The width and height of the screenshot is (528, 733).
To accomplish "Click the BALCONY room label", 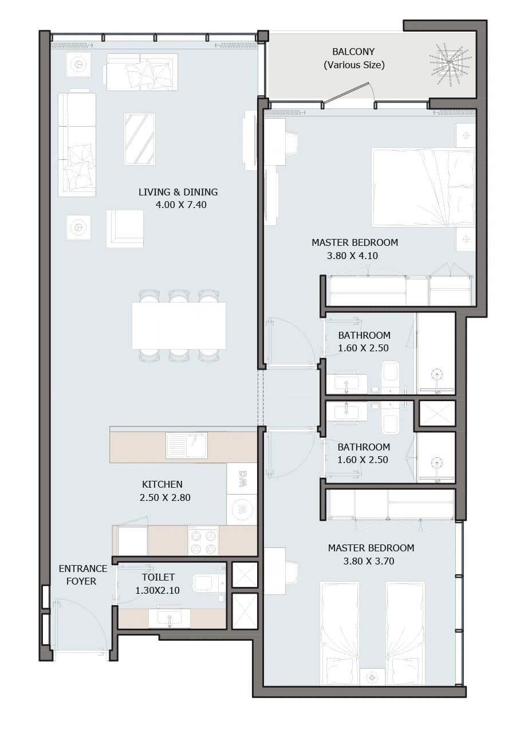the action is tap(353, 52).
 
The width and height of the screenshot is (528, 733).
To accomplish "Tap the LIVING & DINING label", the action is tap(178, 192).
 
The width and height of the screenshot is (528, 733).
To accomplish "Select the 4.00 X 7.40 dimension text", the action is tap(181, 205).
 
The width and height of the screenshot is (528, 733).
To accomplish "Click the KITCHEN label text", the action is tap(162, 484).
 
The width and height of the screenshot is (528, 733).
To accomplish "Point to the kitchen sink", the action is tap(186, 445).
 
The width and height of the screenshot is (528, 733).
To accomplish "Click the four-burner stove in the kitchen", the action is tap(203, 541).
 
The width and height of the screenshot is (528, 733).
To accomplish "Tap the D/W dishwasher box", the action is tap(242, 479).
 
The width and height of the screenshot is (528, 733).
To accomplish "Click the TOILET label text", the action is tap(158, 577).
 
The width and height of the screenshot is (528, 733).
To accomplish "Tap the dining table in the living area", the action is tap(179, 326).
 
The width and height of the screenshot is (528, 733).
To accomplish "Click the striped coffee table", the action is tap(140, 139).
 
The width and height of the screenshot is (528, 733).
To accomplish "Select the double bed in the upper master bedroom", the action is tap(423, 187).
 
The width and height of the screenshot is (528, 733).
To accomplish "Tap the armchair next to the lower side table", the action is tap(125, 229).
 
